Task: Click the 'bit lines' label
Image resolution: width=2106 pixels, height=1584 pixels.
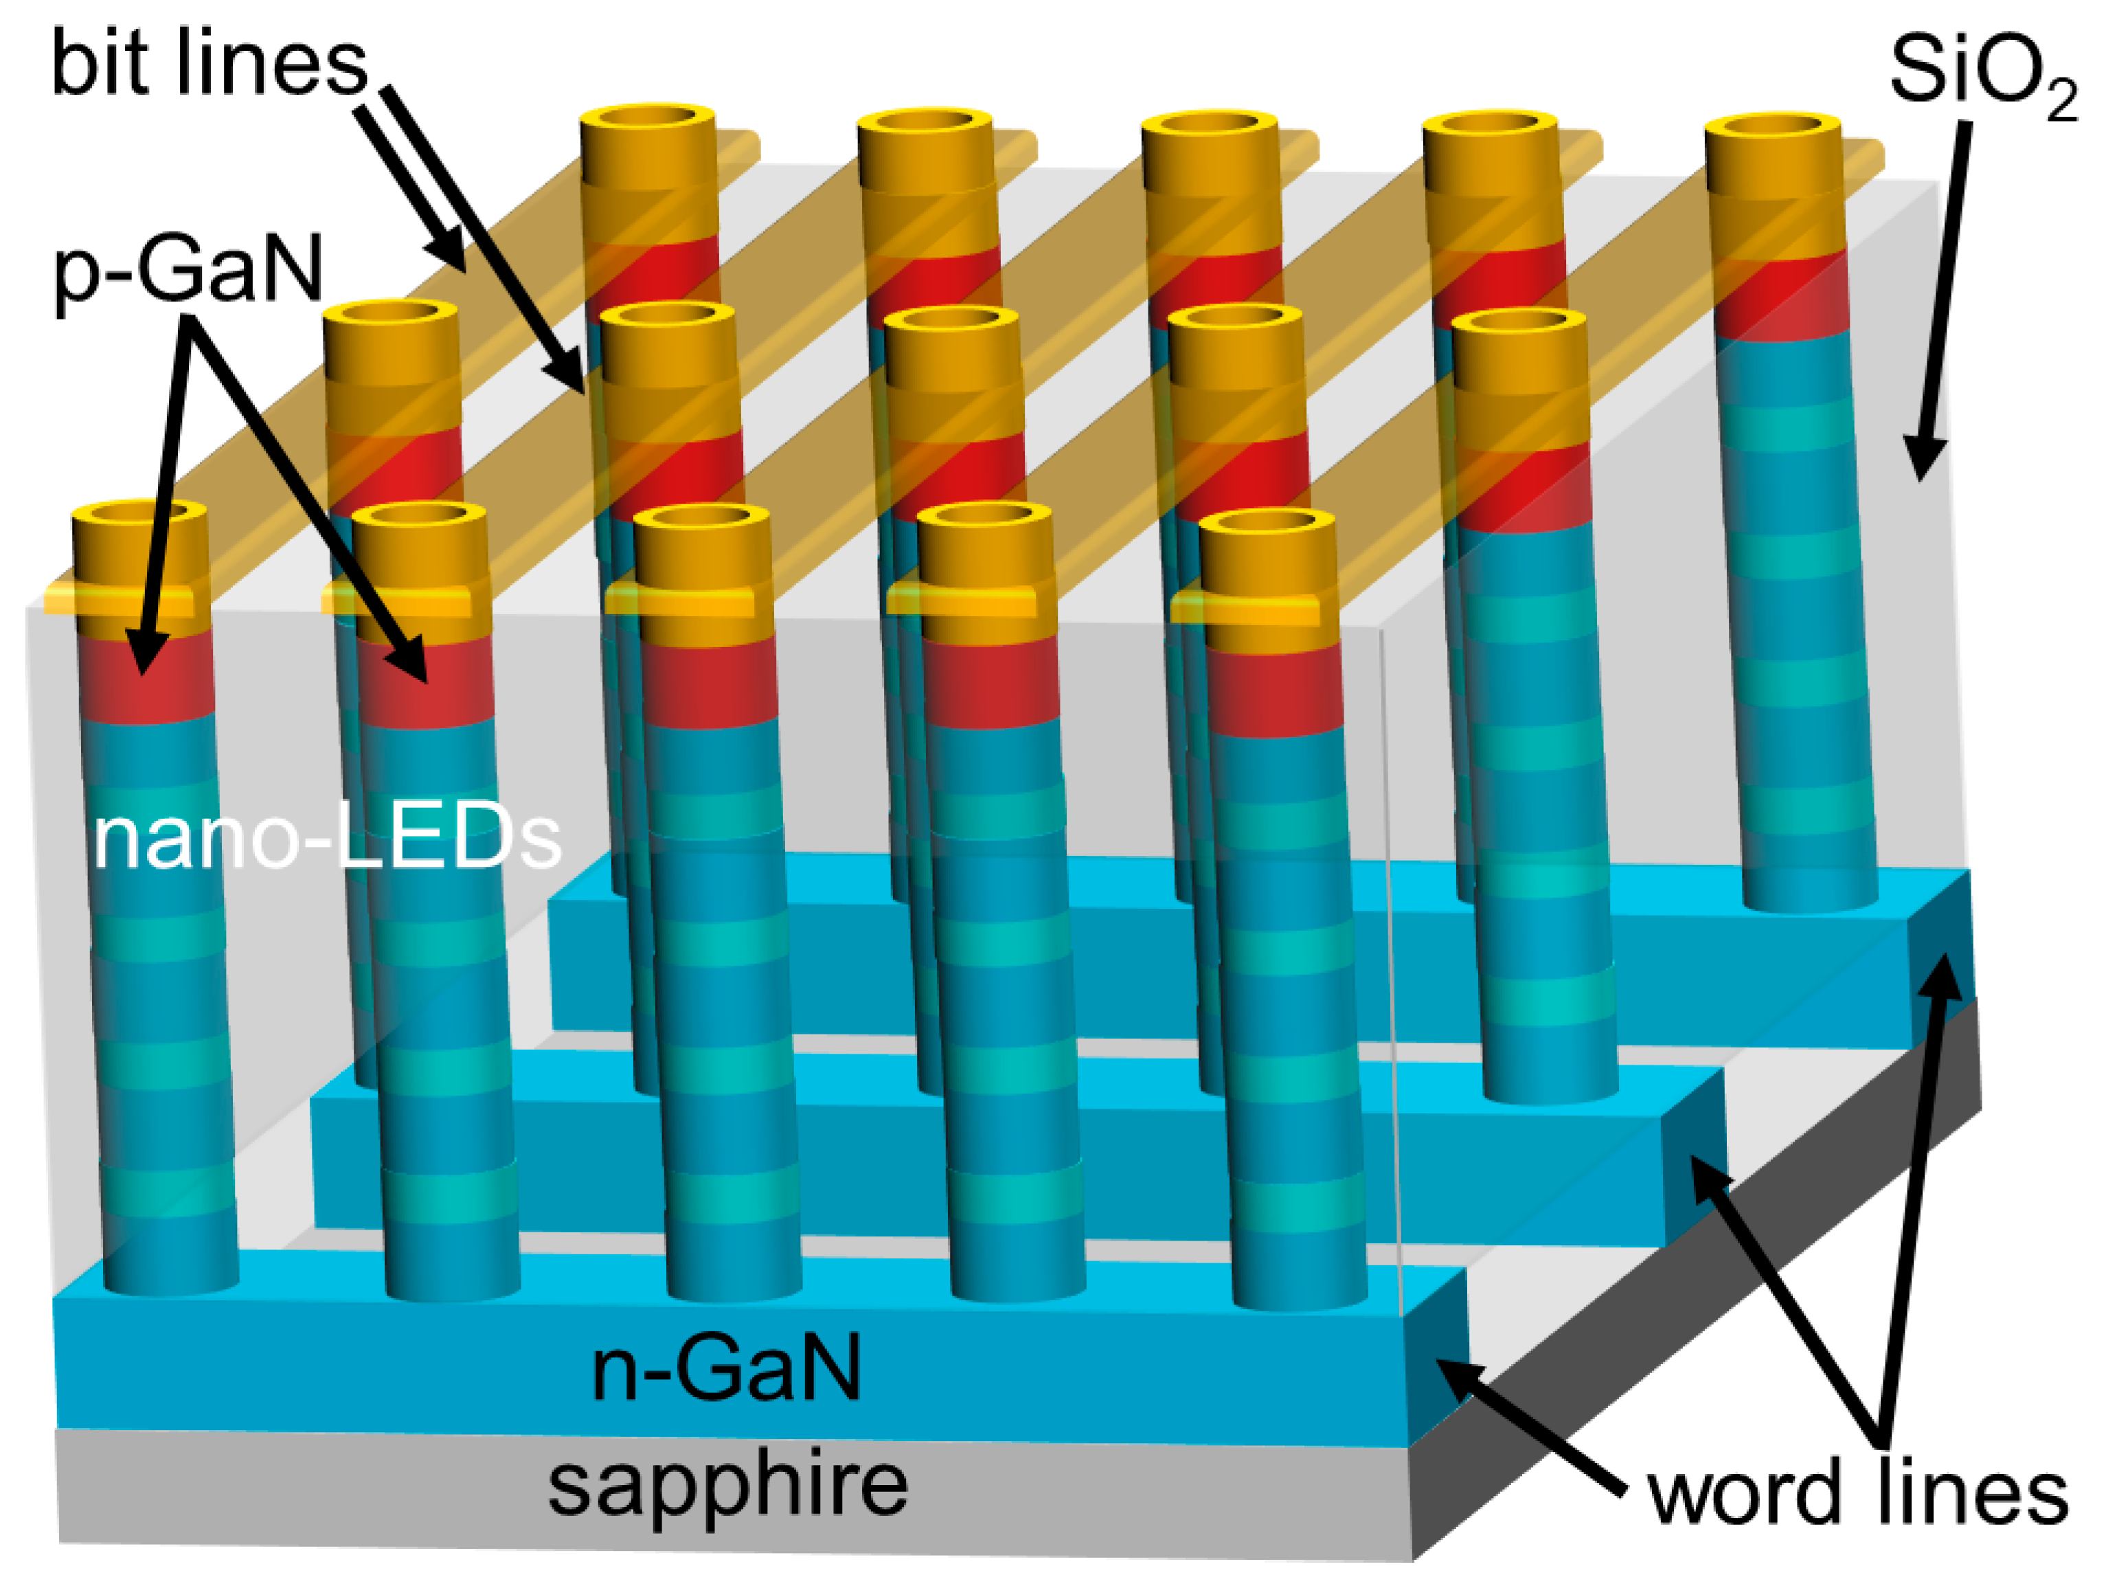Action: pyautogui.click(x=210, y=65)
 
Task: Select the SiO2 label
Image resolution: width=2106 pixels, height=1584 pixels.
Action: pyautogui.click(x=1980, y=74)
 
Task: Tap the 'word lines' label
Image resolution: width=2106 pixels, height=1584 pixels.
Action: pyautogui.click(x=1857, y=1495)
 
